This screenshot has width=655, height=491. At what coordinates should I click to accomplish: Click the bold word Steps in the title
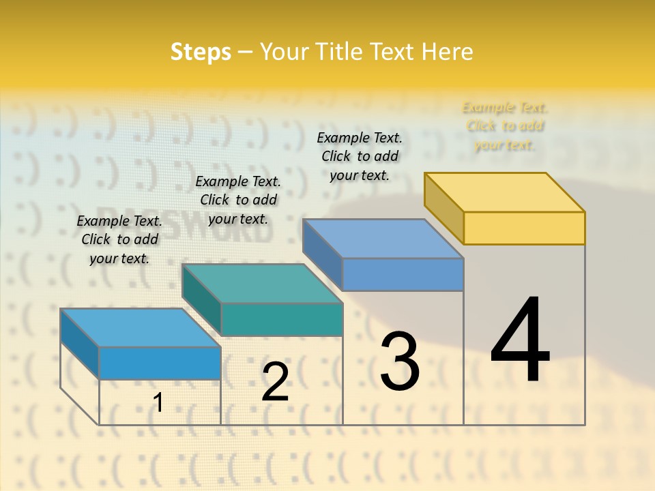pyautogui.click(x=201, y=52)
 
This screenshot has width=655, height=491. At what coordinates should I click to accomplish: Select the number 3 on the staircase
pyautogui.click(x=399, y=361)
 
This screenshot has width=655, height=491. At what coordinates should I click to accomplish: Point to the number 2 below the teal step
pyautogui.click(x=275, y=382)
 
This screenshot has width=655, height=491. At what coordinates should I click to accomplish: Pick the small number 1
pyautogui.click(x=158, y=403)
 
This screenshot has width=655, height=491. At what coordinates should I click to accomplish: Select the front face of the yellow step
pyautogui.click(x=524, y=228)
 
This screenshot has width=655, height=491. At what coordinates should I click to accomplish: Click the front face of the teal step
pyautogui.click(x=282, y=319)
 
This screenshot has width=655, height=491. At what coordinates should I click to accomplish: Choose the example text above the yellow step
pyautogui.click(x=505, y=126)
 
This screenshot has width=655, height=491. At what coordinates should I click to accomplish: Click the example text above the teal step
pyautogui.click(x=238, y=200)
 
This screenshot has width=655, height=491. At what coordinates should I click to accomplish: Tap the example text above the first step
pyautogui.click(x=119, y=239)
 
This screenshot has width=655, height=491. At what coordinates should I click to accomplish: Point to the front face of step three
pyautogui.click(x=403, y=274)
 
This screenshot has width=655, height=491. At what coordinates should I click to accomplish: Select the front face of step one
pyautogui.click(x=160, y=363)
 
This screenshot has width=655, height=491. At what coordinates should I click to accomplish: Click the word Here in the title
pyautogui.click(x=447, y=52)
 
